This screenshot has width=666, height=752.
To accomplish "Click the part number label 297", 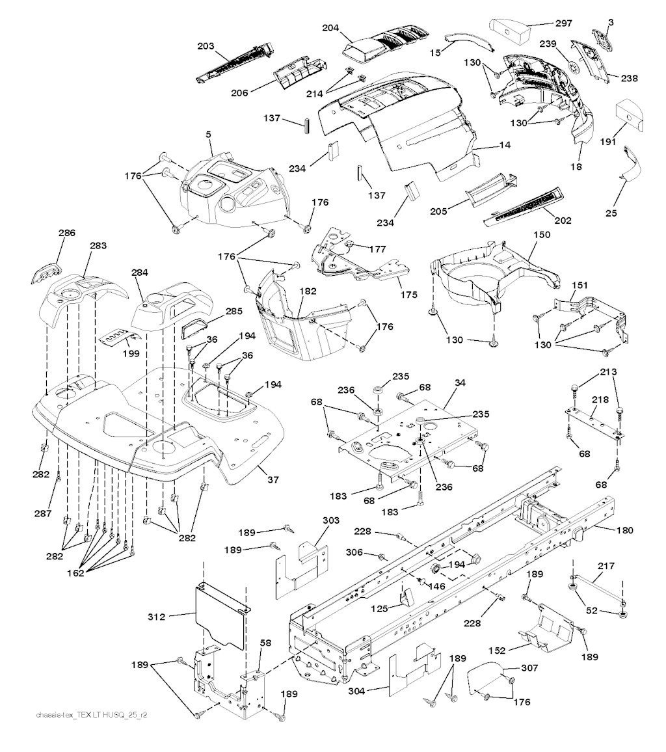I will point(563,23).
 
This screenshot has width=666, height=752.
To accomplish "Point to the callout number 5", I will point(209,134).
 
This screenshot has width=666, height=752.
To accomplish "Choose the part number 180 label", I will point(624,530).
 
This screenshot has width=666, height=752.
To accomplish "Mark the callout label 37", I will point(273,480).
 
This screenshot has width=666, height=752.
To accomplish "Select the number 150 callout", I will point(541,234).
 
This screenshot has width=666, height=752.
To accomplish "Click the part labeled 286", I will point(45,271).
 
